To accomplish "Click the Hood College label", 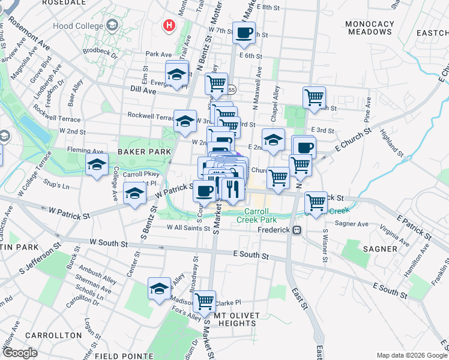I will [x=79, y=26].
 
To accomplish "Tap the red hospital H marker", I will [x=169, y=25].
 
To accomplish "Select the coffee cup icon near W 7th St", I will [x=244, y=33].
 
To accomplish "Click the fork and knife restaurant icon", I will [x=232, y=188].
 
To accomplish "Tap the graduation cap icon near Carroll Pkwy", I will [x=135, y=193].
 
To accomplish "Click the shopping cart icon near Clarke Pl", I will [x=204, y=299].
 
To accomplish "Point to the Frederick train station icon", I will [x=296, y=230].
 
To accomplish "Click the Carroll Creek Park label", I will [x=259, y=216].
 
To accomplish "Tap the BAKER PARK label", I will [x=140, y=152].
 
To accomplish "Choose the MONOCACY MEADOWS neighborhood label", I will [x=370, y=28].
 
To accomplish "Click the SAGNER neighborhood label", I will [x=379, y=248].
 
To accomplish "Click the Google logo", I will [x=20, y=352].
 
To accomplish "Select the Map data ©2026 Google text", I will [x=411, y=355].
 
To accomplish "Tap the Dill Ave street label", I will [x=143, y=91].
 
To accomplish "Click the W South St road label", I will [x=109, y=244].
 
